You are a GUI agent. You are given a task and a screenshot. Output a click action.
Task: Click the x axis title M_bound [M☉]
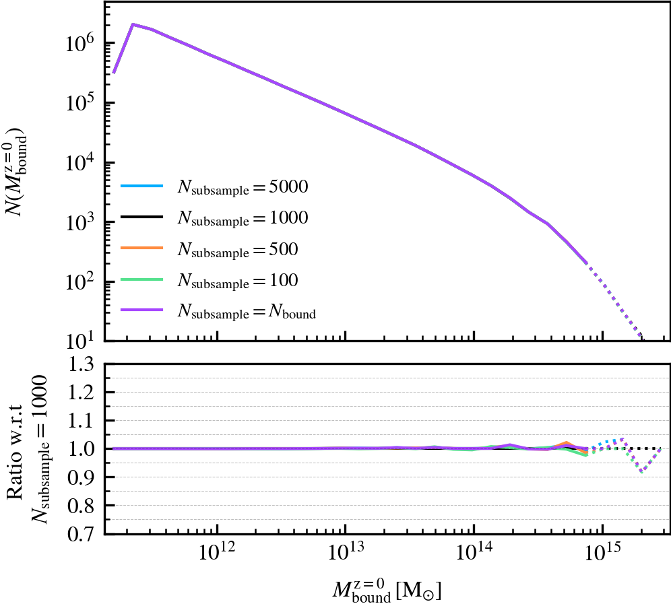point(387,590)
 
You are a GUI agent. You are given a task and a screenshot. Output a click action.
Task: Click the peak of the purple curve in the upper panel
point(133,24)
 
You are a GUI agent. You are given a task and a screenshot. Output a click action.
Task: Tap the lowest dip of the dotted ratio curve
point(642,472)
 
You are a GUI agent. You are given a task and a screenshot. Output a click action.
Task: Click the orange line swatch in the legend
point(142,249)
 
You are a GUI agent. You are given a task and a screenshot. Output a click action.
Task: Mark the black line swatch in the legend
point(142,218)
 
